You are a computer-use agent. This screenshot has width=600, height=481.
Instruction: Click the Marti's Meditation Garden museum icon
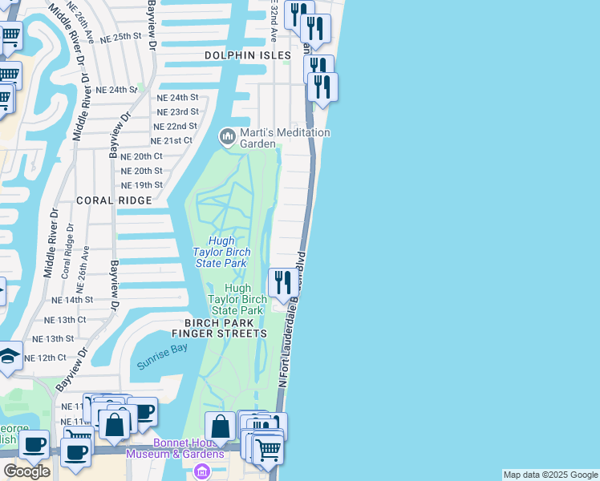[228, 138]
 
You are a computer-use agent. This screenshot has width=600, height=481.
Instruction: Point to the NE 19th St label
[141, 184]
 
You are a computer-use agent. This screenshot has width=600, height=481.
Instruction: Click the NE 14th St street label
[72, 299]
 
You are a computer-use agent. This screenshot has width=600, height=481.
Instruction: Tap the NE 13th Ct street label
[65, 319]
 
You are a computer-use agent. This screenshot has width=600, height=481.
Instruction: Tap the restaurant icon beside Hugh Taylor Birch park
[281, 283]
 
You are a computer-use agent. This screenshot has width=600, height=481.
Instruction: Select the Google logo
[26, 471]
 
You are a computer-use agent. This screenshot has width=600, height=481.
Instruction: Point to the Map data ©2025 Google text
[550, 475]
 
